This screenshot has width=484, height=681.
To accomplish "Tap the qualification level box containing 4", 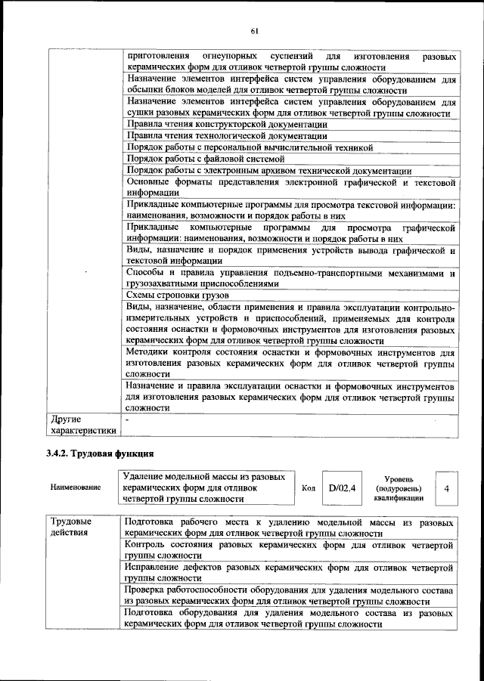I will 446,489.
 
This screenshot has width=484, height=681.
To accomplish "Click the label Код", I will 308,488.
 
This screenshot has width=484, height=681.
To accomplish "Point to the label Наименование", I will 76,488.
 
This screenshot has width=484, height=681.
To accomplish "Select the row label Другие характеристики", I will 82,424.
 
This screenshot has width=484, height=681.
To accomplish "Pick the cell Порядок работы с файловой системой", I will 206,159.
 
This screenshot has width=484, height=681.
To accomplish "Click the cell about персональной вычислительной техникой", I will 250,147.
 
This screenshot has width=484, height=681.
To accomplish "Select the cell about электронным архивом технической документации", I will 269,170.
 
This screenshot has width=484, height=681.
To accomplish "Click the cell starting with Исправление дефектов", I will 289,572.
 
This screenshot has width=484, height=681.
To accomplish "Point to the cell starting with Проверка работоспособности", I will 289,594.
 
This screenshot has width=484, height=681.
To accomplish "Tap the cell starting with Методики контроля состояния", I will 289,363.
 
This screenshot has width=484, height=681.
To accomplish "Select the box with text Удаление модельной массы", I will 204,488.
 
